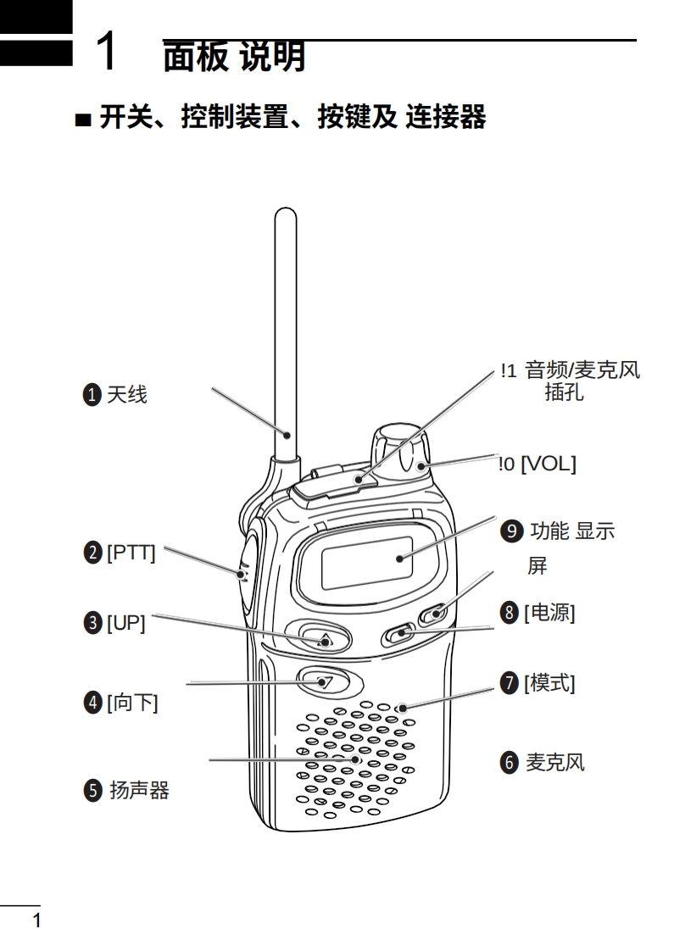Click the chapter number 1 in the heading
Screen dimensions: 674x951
[x=106, y=53]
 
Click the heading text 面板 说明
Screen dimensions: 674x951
[x=234, y=57]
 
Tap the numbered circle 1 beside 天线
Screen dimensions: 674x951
[x=92, y=394]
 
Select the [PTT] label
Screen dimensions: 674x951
[x=131, y=553]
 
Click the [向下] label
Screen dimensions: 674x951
[x=132, y=703]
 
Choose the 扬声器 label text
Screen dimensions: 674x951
[x=139, y=791]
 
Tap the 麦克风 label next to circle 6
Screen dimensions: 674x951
[x=555, y=762]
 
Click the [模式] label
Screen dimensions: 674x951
[x=549, y=682]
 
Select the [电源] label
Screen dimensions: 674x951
[x=549, y=612]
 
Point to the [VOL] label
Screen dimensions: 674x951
[x=548, y=464]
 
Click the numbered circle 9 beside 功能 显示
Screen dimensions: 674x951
[x=510, y=531]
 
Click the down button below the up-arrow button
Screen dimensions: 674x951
[x=322, y=681]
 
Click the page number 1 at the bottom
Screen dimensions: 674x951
[x=36, y=920]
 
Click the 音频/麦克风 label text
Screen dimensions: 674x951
[x=582, y=370]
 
